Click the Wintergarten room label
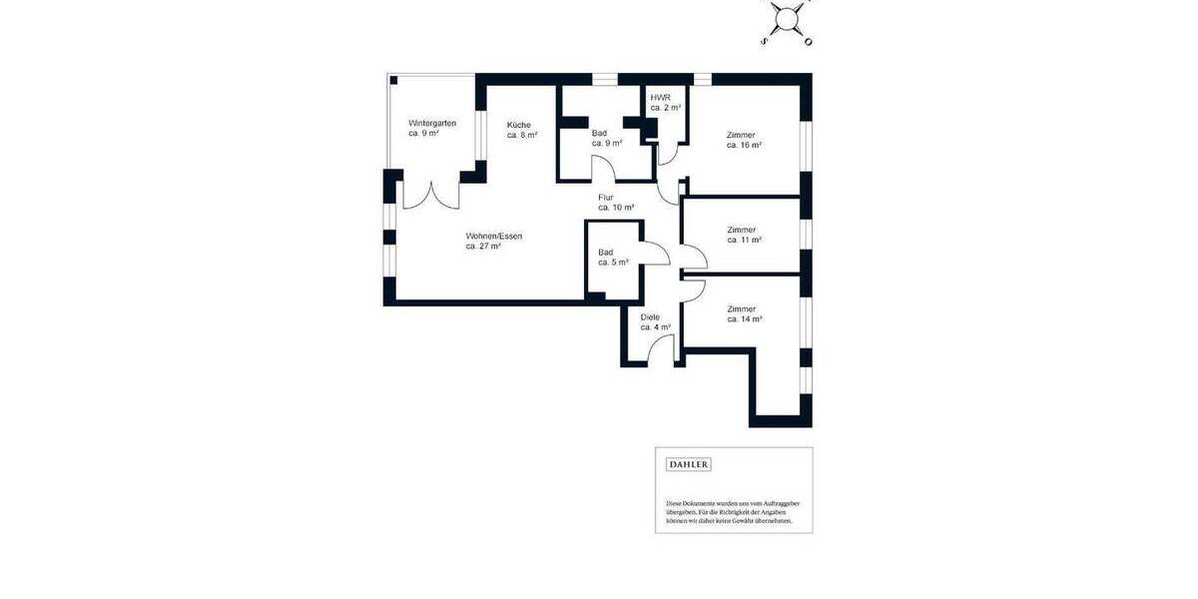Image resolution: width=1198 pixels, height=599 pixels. point(432,123)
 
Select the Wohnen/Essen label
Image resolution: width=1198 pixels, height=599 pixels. point(493,236)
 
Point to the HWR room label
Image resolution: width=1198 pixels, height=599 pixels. point(660,96)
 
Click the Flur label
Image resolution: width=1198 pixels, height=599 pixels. point(606,198)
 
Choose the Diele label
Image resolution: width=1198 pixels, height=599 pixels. point(650,316)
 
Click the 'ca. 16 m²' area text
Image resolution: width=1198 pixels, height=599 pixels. point(744,145)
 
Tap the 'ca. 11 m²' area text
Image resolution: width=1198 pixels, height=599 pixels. point(744,240)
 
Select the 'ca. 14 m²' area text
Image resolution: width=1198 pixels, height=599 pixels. point(744,319)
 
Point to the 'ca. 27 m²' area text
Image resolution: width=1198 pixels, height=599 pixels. point(483,246)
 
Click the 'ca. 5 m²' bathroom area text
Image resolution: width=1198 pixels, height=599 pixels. point(613,262)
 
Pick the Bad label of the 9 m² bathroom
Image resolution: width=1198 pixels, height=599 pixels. point(599,133)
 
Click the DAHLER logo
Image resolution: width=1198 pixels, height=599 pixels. point(688,464)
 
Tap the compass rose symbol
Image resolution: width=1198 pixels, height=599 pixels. point(788,18)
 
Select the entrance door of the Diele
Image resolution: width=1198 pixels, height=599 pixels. point(659,349)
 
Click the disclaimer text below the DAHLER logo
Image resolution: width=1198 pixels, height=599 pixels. point(733,511)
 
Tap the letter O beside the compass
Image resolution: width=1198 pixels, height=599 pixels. point(809,42)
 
